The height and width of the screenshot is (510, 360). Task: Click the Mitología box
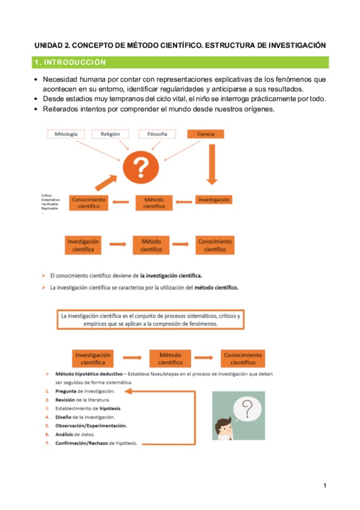pos(66,134)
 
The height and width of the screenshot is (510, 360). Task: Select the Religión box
pos(111,134)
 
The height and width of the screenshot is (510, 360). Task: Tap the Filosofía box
pos(157,134)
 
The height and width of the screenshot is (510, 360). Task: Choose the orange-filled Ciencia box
pos(206,134)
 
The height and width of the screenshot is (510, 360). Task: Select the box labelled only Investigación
pos(214,200)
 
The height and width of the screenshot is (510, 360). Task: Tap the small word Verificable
pos(50,204)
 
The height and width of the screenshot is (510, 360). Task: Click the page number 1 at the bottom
pos(325,486)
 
